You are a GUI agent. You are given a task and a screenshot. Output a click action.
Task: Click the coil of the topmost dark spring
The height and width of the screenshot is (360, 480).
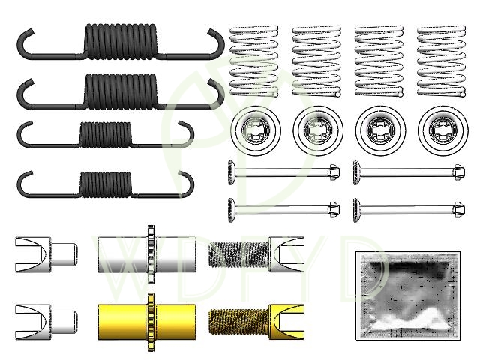point(121,41)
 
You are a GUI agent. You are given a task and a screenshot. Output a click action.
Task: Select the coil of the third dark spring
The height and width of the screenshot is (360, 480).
point(106,134)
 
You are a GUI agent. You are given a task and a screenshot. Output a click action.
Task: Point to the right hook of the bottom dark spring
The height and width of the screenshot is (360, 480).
point(187,184)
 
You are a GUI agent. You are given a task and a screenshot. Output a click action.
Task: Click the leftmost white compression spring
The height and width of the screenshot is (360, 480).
point(254,61)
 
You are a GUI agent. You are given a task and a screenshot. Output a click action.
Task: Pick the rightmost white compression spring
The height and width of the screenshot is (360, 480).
point(442,61)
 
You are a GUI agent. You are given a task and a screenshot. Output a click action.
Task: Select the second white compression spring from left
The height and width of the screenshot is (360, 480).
point(316,61)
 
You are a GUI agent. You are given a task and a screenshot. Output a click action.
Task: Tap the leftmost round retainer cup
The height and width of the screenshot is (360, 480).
point(256,130)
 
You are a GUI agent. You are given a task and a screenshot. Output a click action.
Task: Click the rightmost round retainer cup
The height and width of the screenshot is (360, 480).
point(443,130)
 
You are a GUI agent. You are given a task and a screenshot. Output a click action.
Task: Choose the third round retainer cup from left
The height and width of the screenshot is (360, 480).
point(380,130)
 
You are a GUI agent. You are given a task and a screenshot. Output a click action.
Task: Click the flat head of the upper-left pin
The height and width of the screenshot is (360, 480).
point(231,172)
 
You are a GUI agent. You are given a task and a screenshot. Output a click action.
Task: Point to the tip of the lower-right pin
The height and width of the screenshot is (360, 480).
point(464,210)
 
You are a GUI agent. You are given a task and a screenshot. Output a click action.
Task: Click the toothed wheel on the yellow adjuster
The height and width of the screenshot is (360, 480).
point(151,322)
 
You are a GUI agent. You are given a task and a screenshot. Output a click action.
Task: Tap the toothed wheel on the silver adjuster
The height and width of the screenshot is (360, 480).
point(151,254)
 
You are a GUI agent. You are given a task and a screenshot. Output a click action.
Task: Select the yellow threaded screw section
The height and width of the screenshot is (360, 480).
point(239,322)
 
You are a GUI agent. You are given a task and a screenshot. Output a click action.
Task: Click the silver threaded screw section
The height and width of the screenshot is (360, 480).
point(239,254)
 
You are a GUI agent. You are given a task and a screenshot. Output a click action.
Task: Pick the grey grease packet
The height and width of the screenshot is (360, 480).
point(408,295)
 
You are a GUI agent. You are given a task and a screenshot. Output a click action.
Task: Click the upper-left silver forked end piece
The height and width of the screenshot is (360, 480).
point(46,254)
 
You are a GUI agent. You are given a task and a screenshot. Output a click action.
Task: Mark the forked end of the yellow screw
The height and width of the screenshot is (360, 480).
point(286,322)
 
